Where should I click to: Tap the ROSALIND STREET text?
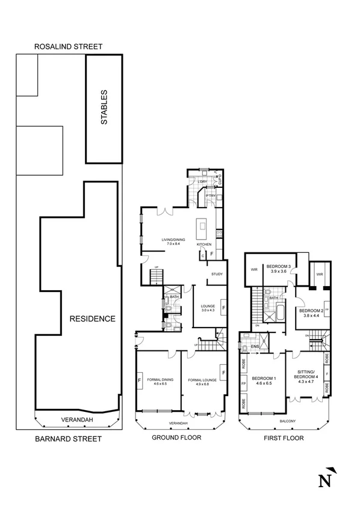(x=68, y=46)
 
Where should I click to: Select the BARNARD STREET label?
(x=67, y=439)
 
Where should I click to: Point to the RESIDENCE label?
(x=92, y=319)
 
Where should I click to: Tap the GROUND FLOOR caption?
(x=176, y=438)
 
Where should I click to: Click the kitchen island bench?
(x=202, y=229)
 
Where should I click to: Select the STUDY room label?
(x=217, y=275)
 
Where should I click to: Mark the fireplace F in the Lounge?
(x=223, y=308)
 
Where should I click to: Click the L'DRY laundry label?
(x=202, y=182)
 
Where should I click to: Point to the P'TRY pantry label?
(x=211, y=196)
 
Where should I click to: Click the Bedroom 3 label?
(x=279, y=268)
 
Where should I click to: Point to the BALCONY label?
(x=288, y=421)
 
